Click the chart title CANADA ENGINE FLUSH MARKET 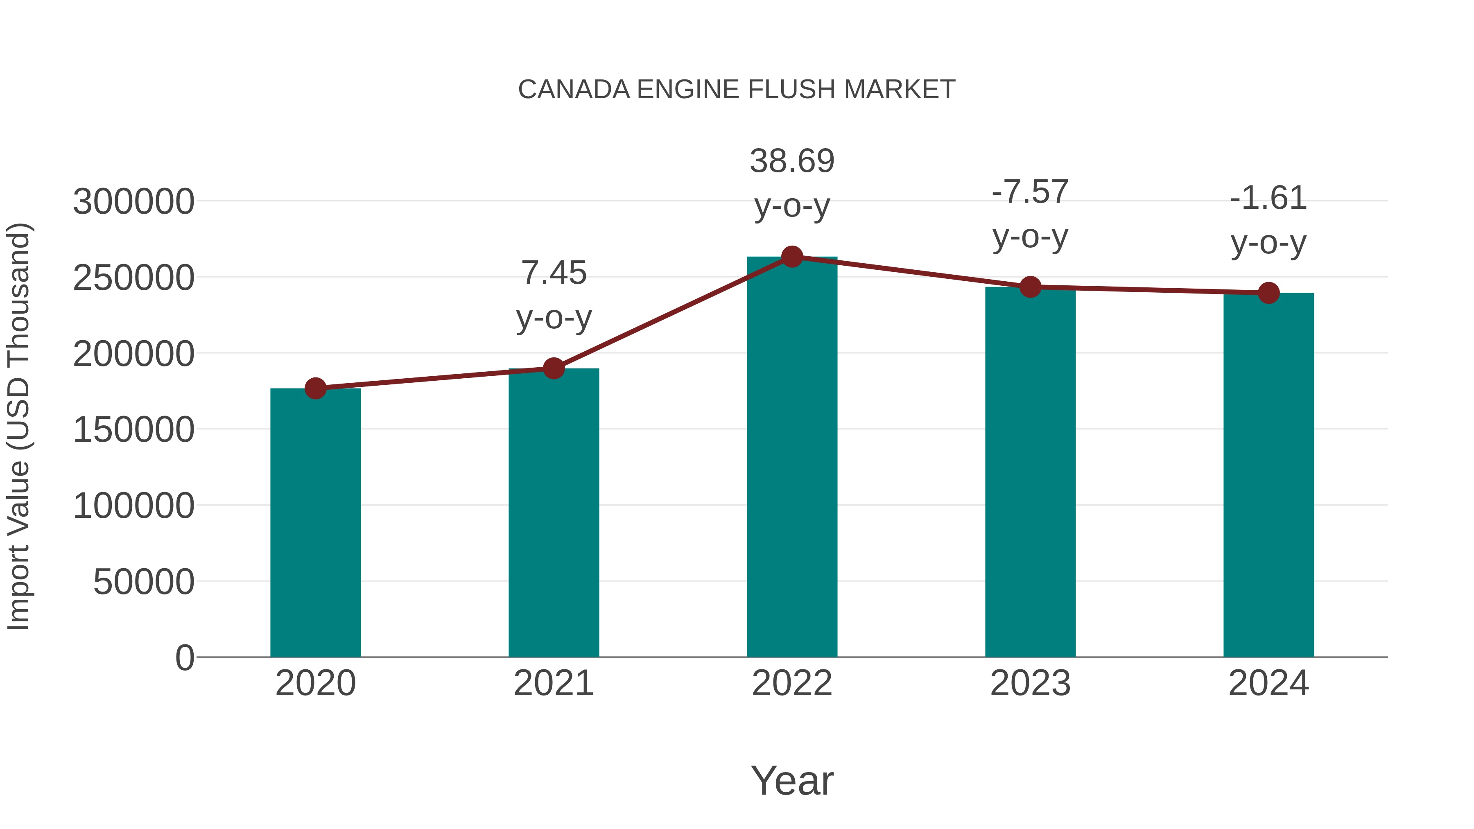(x=737, y=90)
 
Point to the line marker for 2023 (x=1030, y=287)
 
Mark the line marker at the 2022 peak (x=792, y=257)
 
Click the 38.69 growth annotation (x=792, y=161)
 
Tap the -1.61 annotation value (x=1268, y=198)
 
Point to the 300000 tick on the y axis (x=133, y=202)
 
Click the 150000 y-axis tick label (x=133, y=430)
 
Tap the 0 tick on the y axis (x=185, y=657)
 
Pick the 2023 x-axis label (x=1030, y=683)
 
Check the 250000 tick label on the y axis (x=133, y=278)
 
